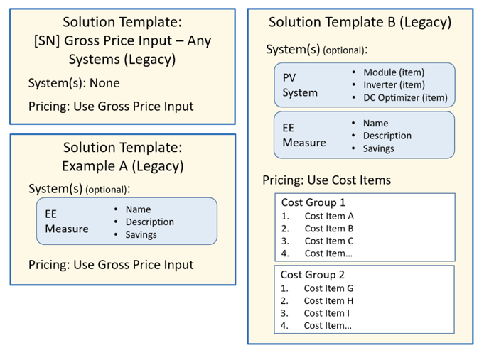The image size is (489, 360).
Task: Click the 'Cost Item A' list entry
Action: click(x=329, y=216)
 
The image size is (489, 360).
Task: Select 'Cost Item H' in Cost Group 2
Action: click(x=328, y=301)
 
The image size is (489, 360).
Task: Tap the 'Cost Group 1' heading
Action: click(x=313, y=202)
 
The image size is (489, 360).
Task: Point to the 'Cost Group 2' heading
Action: click(x=313, y=275)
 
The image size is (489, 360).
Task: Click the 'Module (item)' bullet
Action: click(x=394, y=72)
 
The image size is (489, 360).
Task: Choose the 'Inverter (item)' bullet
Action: click(x=394, y=84)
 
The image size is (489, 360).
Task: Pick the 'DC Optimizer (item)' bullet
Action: click(x=405, y=97)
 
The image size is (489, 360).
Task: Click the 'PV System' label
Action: click(x=300, y=85)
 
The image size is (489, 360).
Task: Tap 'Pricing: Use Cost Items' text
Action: click(x=326, y=180)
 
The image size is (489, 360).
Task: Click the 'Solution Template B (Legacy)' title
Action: click(x=360, y=22)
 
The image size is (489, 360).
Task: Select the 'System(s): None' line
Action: click(x=74, y=83)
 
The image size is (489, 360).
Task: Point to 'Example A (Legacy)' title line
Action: click(x=122, y=166)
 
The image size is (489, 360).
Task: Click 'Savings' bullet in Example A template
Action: click(x=141, y=235)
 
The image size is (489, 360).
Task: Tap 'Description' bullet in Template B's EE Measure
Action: click(x=387, y=136)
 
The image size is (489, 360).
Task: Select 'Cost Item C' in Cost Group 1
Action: click(x=329, y=241)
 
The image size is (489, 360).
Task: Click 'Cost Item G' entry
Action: click(x=328, y=288)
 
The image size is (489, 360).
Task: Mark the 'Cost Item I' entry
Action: click(x=326, y=313)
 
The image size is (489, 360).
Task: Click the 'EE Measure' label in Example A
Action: click(x=67, y=222)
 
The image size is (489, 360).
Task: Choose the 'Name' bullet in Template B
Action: click(x=375, y=123)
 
